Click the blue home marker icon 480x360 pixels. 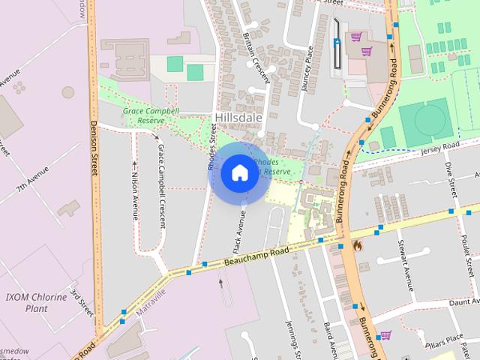coord(238,172)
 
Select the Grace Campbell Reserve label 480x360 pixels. coord(151,115)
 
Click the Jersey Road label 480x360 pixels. coord(439,148)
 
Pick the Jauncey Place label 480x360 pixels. coord(307,68)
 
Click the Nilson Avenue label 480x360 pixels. coord(135,187)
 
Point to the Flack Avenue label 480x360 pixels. coord(238,233)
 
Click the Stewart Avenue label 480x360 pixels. coord(406,267)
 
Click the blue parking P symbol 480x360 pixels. coord(337,42)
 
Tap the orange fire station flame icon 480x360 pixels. coord(357,245)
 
